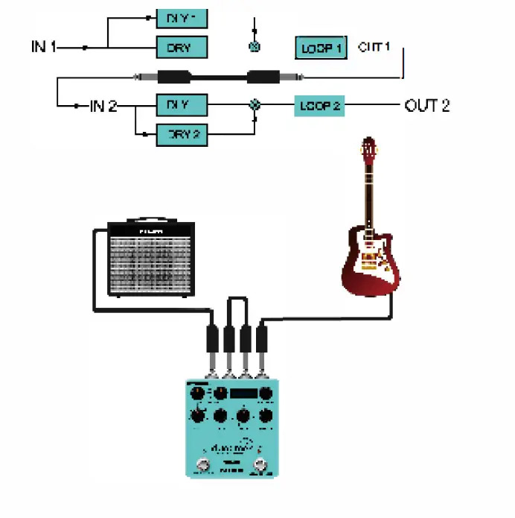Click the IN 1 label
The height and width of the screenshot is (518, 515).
tap(44, 47)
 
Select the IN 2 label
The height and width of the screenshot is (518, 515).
tap(103, 105)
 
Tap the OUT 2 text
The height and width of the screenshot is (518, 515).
tap(426, 105)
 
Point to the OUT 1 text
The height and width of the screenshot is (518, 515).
tap(374, 47)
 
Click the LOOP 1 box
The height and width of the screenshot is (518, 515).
tap(321, 48)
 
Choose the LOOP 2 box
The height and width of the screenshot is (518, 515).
tap(320, 106)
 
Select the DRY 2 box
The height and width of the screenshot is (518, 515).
tap(181, 135)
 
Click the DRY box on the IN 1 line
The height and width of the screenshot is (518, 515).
tap(181, 48)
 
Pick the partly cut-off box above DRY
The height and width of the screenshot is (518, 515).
tap(181, 16)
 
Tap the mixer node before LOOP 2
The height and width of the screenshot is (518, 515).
tap(255, 105)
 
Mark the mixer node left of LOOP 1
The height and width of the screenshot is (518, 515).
tap(255, 47)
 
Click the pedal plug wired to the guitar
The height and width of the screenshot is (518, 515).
tap(261, 342)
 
